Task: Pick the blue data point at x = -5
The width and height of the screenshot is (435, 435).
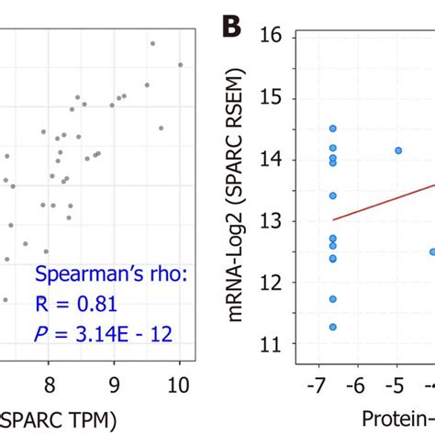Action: coord(398,150)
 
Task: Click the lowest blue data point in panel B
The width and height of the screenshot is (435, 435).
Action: coord(333,327)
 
